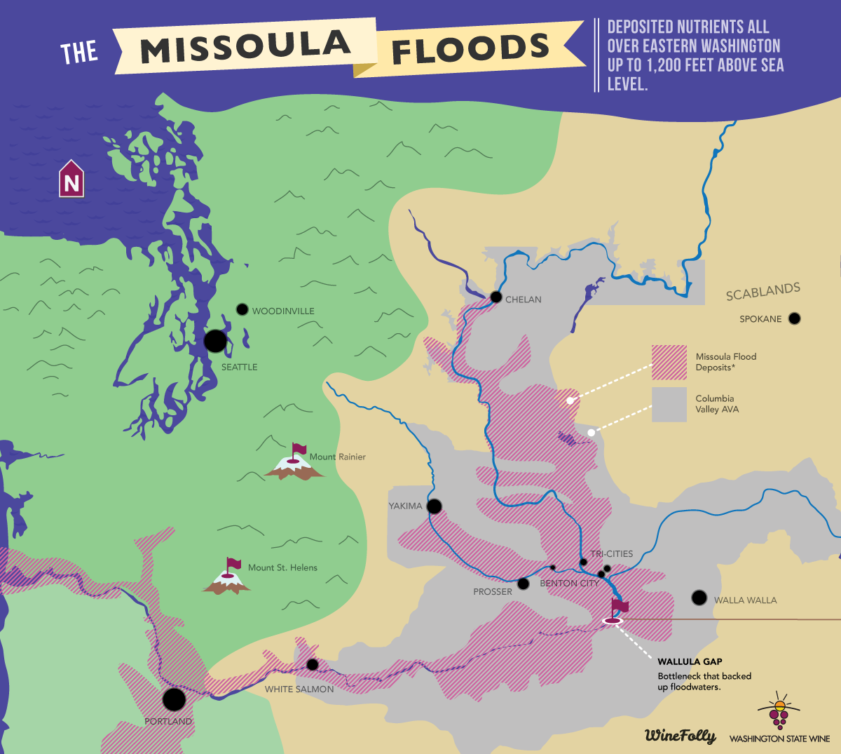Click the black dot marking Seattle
pos(215,341)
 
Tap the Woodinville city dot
pos(242,309)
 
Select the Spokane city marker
pos(794,318)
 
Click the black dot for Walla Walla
pos(699,598)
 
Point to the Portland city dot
pos(174,699)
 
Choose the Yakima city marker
pos(435,506)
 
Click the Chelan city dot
pos(496,297)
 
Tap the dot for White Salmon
pos(312,664)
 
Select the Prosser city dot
pos(523,584)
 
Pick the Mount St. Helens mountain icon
pos(226,579)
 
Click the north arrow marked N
pos(71,180)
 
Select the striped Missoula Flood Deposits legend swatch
pos(669,362)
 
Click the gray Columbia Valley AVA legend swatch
pos(669,405)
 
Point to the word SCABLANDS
pos(763,292)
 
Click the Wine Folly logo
pos(680,735)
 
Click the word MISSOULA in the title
pos(245,46)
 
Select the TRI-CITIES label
pos(611,553)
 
